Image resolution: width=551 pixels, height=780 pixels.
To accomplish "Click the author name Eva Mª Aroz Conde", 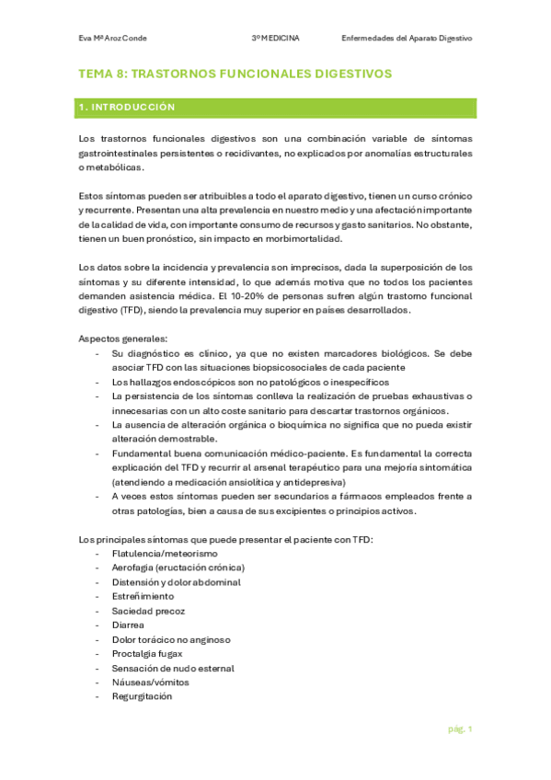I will point(113,39).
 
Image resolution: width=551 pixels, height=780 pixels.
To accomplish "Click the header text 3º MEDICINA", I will point(281,39).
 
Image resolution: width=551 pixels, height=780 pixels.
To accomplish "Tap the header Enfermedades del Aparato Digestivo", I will point(406,39).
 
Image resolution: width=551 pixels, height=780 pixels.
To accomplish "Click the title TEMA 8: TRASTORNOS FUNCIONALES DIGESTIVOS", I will point(235,73).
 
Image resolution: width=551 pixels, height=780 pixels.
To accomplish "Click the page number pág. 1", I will point(460,728).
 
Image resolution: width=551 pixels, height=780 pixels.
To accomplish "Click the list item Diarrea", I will point(127,625).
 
